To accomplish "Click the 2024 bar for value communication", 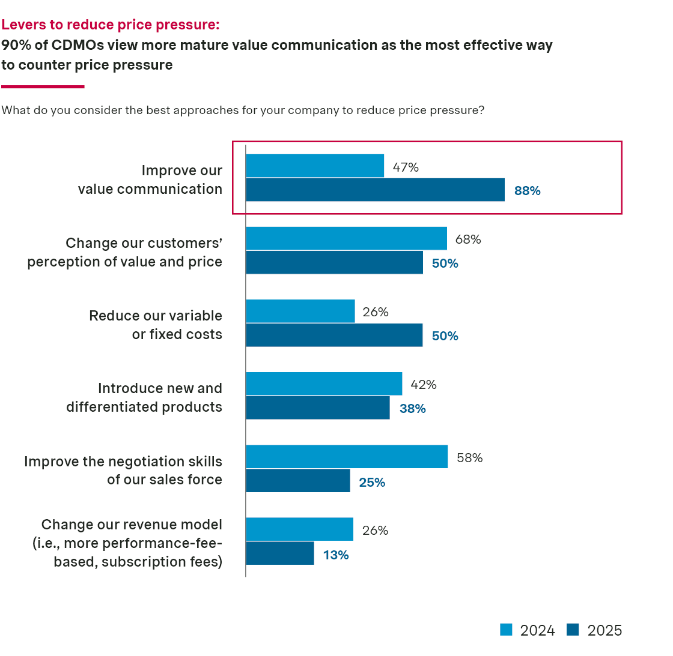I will tap(315, 166).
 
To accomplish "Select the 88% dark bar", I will tap(375, 190).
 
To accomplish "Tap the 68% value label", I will tap(468, 239).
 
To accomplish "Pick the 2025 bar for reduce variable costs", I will tap(334, 336).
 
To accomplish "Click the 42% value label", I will tap(424, 385).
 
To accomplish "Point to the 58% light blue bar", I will tap(347, 457).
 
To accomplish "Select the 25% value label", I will tap(372, 483).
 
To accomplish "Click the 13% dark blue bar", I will tap(280, 553).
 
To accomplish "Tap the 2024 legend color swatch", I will tap(507, 630).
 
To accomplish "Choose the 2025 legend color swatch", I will tap(573, 630).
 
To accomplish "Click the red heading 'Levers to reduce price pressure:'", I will tap(111, 25).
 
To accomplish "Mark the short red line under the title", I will tap(43, 87).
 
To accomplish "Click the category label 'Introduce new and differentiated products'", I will tap(144, 397).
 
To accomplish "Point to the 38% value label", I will tap(413, 409).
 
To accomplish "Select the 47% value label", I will tap(406, 167).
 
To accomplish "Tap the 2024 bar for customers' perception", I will tap(346, 238).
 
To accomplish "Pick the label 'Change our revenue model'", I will tap(132, 525).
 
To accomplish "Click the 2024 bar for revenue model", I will tap(299, 529).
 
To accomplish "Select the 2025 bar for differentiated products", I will tap(317, 408).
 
